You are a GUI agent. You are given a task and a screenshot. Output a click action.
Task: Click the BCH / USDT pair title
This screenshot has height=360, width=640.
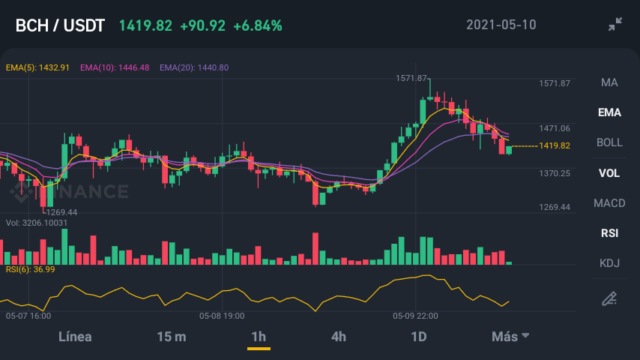tap(60, 25)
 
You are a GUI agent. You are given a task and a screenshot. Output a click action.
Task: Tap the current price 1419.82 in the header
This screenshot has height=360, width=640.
tap(145, 25)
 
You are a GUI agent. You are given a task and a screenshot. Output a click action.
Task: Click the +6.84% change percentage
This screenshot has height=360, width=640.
tap(258, 25)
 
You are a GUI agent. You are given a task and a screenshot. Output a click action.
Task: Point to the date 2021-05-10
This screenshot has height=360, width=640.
tap(501, 25)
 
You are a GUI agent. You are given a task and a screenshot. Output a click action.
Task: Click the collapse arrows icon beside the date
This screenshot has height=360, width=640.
tap(615, 24)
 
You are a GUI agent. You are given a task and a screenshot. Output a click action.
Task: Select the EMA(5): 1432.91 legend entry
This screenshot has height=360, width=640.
tap(37, 67)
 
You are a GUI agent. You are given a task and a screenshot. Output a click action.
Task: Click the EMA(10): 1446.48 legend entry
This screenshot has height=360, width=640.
tap(115, 67)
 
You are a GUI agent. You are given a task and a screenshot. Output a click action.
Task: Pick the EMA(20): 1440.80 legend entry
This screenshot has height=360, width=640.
tap(194, 67)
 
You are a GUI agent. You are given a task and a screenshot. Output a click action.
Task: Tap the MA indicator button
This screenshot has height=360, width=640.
tap(609, 82)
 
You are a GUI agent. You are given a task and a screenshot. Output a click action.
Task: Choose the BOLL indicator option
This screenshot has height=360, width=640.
tap(609, 142)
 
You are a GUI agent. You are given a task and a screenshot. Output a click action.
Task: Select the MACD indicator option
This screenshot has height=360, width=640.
tap(609, 203)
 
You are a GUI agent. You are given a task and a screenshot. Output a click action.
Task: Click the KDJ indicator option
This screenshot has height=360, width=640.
tap(609, 263)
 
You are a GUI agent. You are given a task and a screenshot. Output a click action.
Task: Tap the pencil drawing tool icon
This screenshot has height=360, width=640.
tap(609, 298)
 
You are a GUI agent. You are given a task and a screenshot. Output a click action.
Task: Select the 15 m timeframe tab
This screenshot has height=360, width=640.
tap(172, 337)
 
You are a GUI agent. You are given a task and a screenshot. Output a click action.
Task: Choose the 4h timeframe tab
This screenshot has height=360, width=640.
tap(339, 337)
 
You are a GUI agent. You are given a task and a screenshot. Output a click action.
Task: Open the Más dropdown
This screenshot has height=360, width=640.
tap(510, 337)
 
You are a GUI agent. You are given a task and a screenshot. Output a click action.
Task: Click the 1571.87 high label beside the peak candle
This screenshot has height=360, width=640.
tap(411, 78)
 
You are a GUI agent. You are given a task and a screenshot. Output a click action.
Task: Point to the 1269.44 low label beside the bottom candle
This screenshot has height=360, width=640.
tap(61, 212)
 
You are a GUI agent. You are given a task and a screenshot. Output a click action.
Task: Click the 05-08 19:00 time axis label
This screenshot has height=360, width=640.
tap(222, 316)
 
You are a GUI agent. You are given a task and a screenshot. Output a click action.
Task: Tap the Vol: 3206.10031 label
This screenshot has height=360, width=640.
tap(37, 223)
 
